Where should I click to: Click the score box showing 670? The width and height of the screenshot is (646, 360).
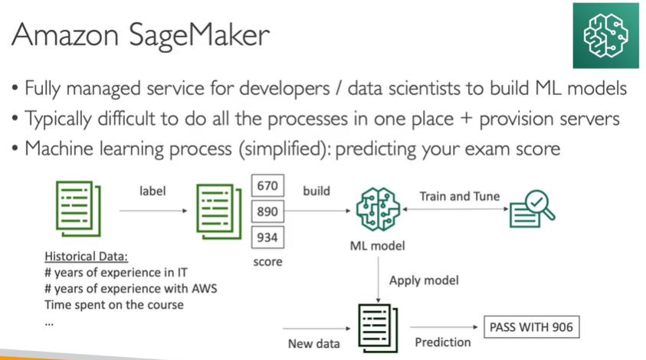point(268,186)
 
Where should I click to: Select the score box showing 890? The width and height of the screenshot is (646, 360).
point(268,211)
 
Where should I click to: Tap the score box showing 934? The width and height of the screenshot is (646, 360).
point(268,237)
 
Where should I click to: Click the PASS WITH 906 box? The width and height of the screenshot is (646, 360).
point(530,327)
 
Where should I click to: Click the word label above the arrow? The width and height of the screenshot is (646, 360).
point(152,190)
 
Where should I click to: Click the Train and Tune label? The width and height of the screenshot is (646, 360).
point(459,196)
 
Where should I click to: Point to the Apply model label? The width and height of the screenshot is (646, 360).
point(423,280)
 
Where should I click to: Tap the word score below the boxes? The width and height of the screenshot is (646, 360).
point(269,262)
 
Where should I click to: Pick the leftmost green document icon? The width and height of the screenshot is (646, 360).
point(74,208)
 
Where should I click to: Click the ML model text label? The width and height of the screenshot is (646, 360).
point(375,246)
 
